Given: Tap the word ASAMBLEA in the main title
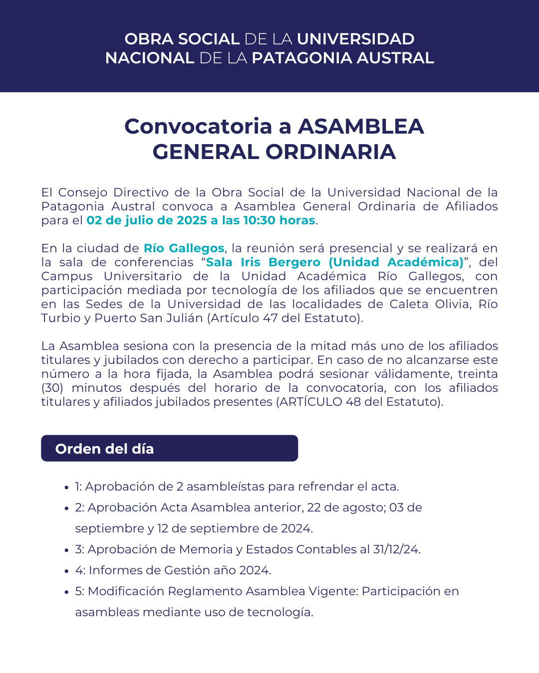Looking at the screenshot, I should point(361,126).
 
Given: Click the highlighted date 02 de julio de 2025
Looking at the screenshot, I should point(147,220).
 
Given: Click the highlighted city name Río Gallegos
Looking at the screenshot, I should point(184,248).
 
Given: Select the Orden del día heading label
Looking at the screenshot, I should point(104,449).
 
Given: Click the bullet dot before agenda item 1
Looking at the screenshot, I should point(66,488).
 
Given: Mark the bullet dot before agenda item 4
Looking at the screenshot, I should point(66,571).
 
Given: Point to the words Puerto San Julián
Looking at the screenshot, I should point(149,318).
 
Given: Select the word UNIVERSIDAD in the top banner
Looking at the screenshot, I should point(355,39).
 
